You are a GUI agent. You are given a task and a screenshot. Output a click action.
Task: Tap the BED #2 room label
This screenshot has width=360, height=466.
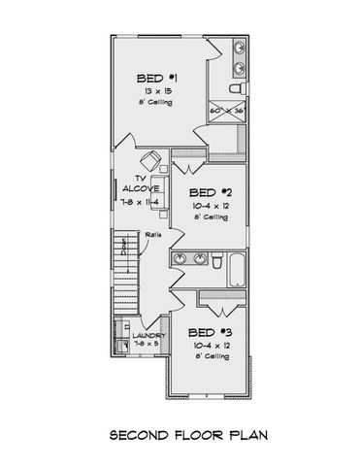209,192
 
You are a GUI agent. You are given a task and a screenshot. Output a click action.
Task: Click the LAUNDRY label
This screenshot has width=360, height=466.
150,335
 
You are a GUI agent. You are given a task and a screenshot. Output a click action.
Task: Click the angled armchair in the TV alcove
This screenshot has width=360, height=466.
148,160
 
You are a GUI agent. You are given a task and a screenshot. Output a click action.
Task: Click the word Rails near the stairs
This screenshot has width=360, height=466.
152,235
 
